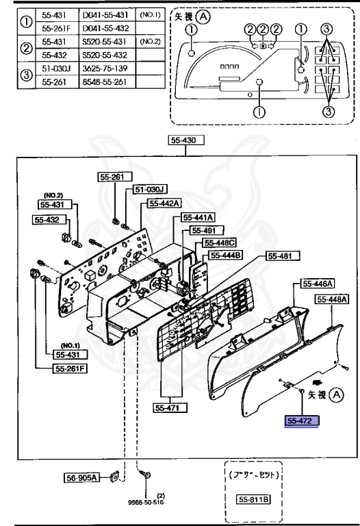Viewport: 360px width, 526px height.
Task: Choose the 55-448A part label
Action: click(x=332, y=299)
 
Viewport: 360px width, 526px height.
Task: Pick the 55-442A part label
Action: click(x=164, y=203)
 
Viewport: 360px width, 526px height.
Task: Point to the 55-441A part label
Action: click(x=198, y=217)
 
